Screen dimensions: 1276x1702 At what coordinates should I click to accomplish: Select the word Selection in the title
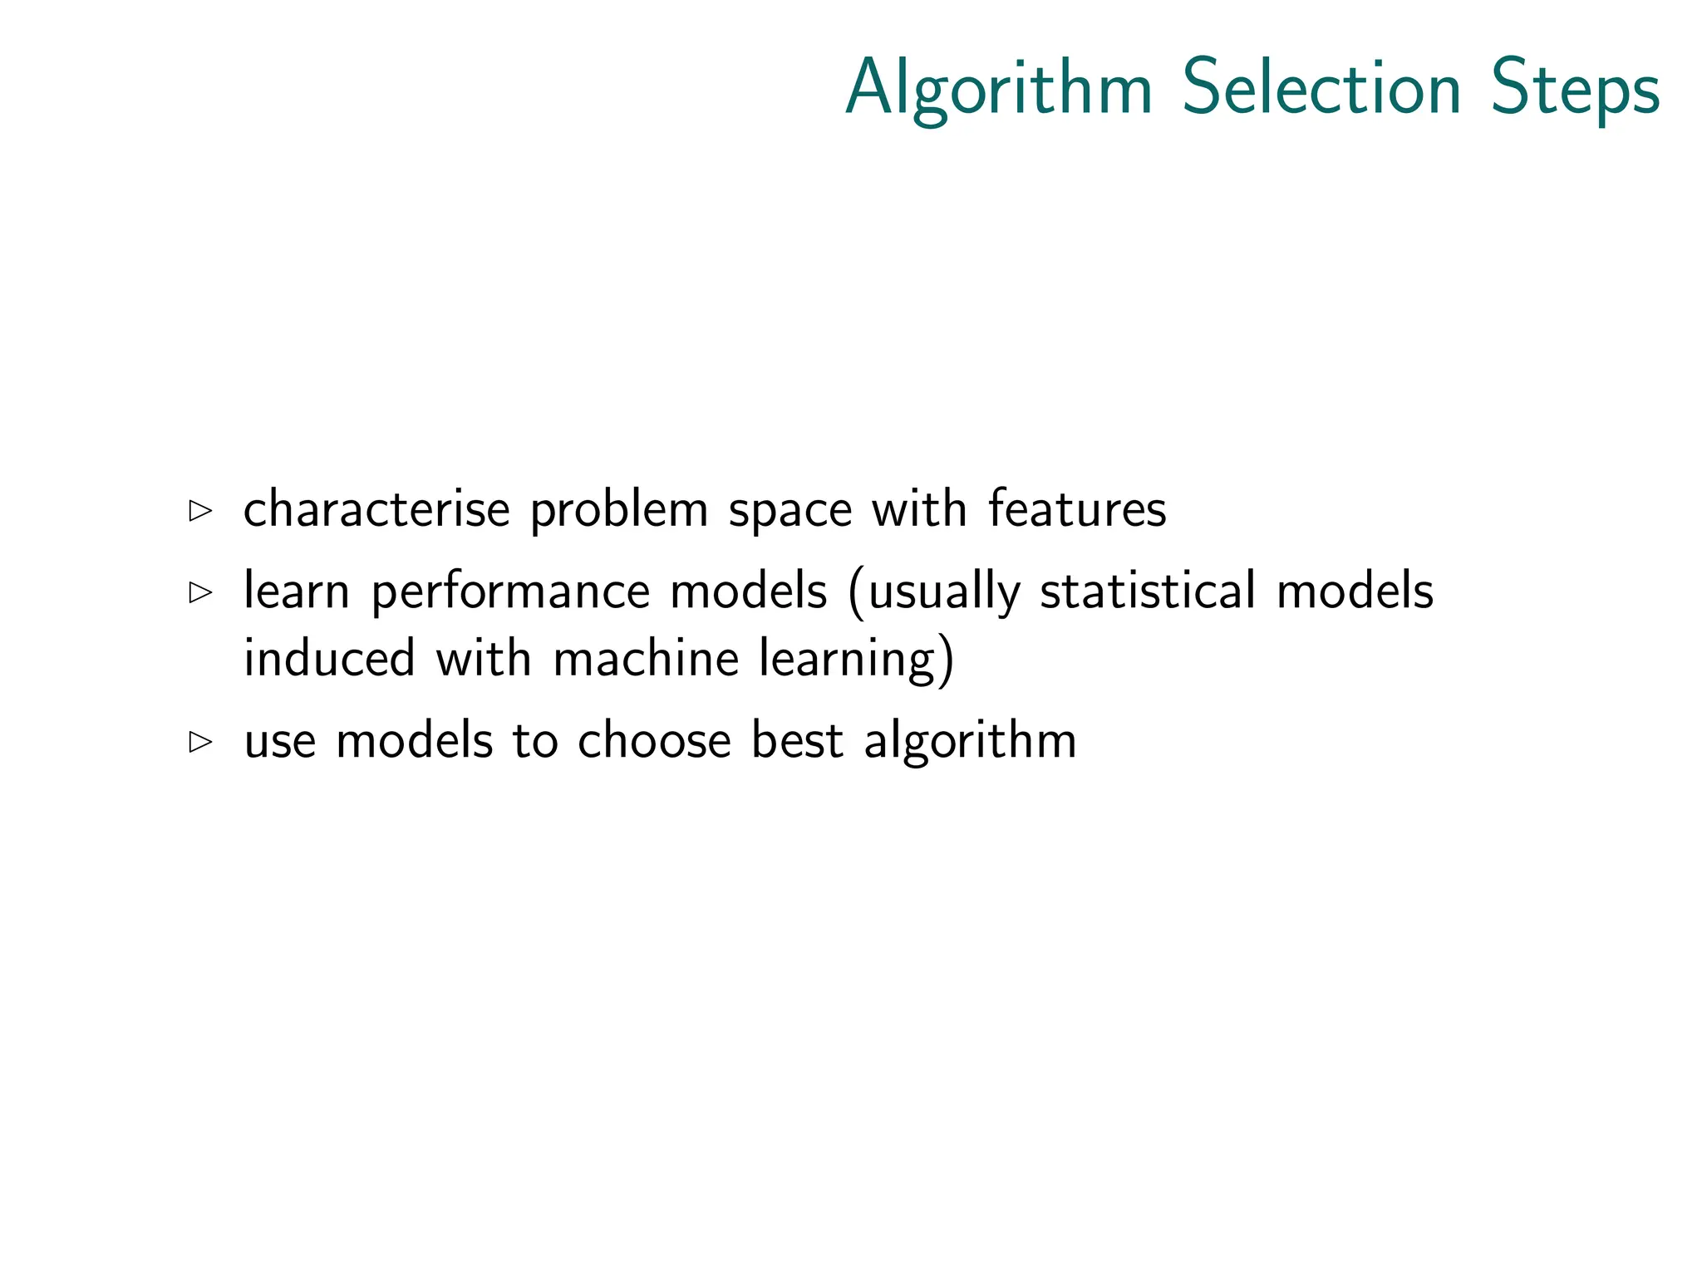pyautogui.click(x=1321, y=88)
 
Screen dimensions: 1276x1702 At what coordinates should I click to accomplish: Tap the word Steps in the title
pyautogui.click(x=1576, y=90)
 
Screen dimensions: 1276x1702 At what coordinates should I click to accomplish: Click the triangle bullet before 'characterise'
pyautogui.click(x=200, y=510)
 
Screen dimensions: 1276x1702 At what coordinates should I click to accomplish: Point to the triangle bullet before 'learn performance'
pyautogui.click(x=200, y=592)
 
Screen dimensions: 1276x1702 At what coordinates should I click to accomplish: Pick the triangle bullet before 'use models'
pyautogui.click(x=200, y=741)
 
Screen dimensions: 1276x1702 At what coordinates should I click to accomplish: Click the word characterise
pyautogui.click(x=376, y=508)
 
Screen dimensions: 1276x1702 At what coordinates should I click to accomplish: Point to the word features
pyautogui.click(x=1077, y=508)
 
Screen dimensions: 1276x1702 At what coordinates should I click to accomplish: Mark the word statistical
pyautogui.click(x=1148, y=591)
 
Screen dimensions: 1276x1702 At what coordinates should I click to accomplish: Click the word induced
pyautogui.click(x=329, y=658)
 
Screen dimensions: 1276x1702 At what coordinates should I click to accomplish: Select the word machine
pyautogui.click(x=646, y=658)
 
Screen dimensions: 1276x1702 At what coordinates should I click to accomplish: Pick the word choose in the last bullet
pyautogui.click(x=654, y=739)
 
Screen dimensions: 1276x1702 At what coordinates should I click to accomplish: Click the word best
pyautogui.click(x=797, y=739)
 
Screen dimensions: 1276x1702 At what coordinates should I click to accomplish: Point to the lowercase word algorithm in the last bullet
pyautogui.click(x=970, y=741)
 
